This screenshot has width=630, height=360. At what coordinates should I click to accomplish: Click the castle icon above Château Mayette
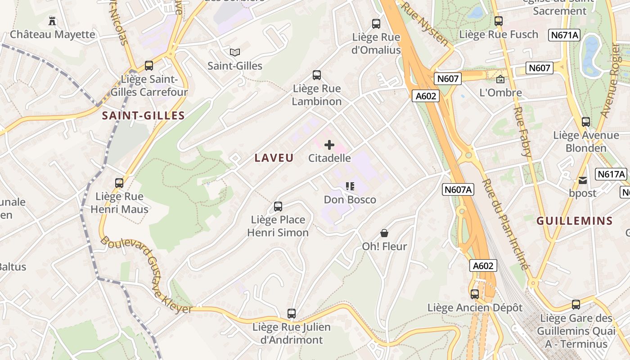(x=53, y=21)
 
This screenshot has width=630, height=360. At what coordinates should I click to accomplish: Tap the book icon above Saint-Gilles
(x=235, y=52)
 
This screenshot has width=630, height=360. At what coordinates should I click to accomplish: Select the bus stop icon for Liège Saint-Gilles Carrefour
(x=149, y=66)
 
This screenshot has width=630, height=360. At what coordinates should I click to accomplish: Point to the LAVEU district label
(x=274, y=158)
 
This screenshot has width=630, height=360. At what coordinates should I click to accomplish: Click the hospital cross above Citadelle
(x=329, y=145)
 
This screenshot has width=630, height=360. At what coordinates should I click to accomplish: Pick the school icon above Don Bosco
(x=350, y=186)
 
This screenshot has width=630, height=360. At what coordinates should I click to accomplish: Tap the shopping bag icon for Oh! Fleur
(x=384, y=233)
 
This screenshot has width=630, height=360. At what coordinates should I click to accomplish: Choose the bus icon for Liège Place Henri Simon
(x=278, y=207)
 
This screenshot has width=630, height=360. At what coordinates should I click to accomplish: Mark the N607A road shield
(x=458, y=189)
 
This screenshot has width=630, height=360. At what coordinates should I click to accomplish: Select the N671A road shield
(x=564, y=35)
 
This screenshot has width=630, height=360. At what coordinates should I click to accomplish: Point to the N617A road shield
(x=611, y=174)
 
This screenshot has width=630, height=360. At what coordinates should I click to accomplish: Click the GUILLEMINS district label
(x=575, y=221)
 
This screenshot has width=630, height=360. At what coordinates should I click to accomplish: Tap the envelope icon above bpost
(x=583, y=180)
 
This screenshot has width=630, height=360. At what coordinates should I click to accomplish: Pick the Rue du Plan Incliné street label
(x=505, y=224)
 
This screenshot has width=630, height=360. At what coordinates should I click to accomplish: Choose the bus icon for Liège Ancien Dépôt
(x=475, y=294)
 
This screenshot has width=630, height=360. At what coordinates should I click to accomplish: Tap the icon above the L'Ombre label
(x=500, y=80)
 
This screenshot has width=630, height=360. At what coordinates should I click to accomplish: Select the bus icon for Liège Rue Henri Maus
(x=119, y=183)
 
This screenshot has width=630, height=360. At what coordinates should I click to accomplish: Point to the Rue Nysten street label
(x=425, y=23)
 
